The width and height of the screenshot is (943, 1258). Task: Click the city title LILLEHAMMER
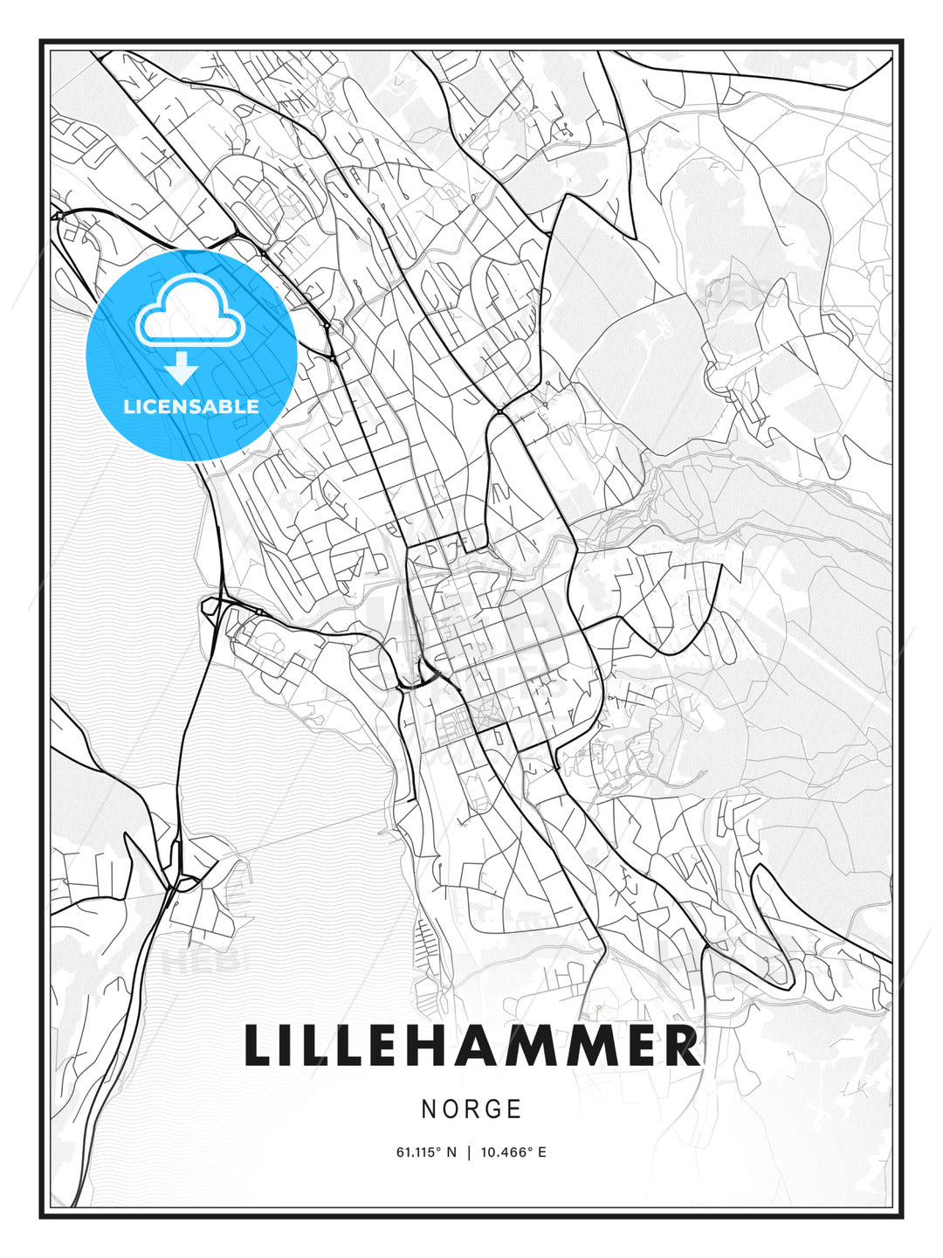click(471, 1046)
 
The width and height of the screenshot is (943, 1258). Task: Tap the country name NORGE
click(471, 1109)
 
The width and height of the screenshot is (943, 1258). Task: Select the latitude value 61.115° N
click(426, 1152)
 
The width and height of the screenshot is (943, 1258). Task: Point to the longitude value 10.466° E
click(514, 1152)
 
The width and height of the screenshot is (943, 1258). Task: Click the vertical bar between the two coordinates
click(469, 1152)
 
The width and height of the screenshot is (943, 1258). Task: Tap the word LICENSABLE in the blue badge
click(191, 406)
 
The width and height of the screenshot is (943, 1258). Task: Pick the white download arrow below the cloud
click(182, 369)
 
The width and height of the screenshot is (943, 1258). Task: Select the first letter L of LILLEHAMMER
click(258, 1046)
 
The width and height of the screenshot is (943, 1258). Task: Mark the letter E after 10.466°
click(541, 1152)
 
